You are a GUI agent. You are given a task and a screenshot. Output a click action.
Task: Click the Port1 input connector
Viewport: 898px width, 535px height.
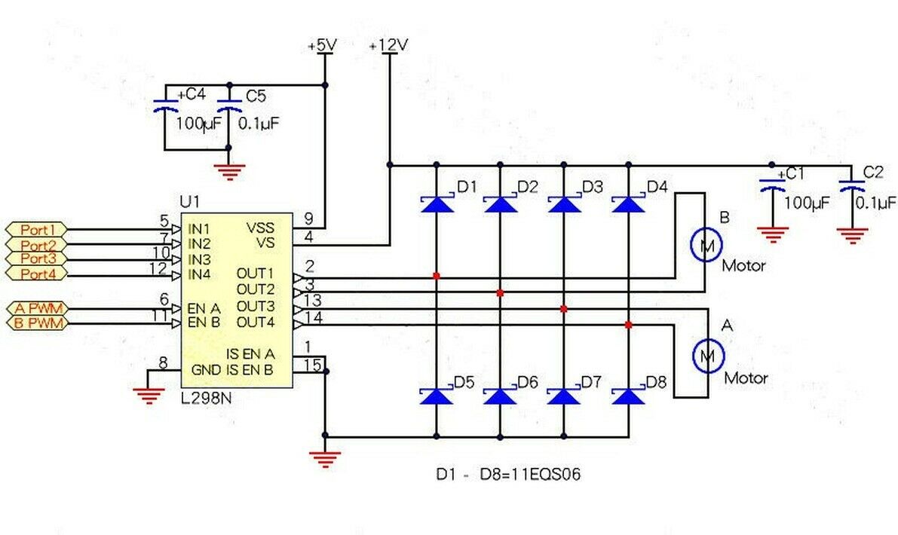[x=37, y=230]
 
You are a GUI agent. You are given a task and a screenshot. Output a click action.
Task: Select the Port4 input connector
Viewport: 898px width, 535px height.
[x=37, y=274]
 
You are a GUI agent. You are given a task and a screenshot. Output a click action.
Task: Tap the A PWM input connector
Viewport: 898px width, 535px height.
[x=37, y=309]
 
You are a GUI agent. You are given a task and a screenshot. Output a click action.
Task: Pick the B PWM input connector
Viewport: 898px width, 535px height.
[x=37, y=323]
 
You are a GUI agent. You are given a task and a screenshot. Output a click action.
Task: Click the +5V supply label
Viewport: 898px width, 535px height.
[x=323, y=45]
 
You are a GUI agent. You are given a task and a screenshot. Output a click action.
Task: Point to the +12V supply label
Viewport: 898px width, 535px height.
[x=389, y=45]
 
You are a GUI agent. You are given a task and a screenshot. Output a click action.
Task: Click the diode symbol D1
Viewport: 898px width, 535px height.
[x=437, y=203]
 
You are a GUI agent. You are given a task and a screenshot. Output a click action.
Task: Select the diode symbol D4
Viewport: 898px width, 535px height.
[x=628, y=203]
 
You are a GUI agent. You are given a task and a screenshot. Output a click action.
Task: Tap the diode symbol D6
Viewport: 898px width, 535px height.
[x=500, y=396]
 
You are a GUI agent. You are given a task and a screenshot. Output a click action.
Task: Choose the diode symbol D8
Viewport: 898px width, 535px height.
[x=628, y=396]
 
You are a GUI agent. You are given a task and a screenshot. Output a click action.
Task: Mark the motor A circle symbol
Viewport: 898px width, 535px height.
[x=709, y=356]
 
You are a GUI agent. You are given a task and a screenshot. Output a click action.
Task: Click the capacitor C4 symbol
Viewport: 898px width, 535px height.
[x=166, y=105]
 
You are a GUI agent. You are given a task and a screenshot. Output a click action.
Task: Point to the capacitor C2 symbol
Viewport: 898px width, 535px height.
[x=851, y=185]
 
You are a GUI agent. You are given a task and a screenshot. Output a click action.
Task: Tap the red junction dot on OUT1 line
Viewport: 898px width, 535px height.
[x=437, y=276]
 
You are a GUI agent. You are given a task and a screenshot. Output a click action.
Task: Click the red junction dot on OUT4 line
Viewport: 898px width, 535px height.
[x=628, y=325]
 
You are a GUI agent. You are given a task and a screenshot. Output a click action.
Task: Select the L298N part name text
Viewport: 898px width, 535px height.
[x=206, y=399]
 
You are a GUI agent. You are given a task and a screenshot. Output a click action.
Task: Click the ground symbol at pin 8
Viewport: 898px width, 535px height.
[x=149, y=396]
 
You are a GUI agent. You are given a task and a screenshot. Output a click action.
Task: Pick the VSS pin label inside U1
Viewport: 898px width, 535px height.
[x=261, y=228]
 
